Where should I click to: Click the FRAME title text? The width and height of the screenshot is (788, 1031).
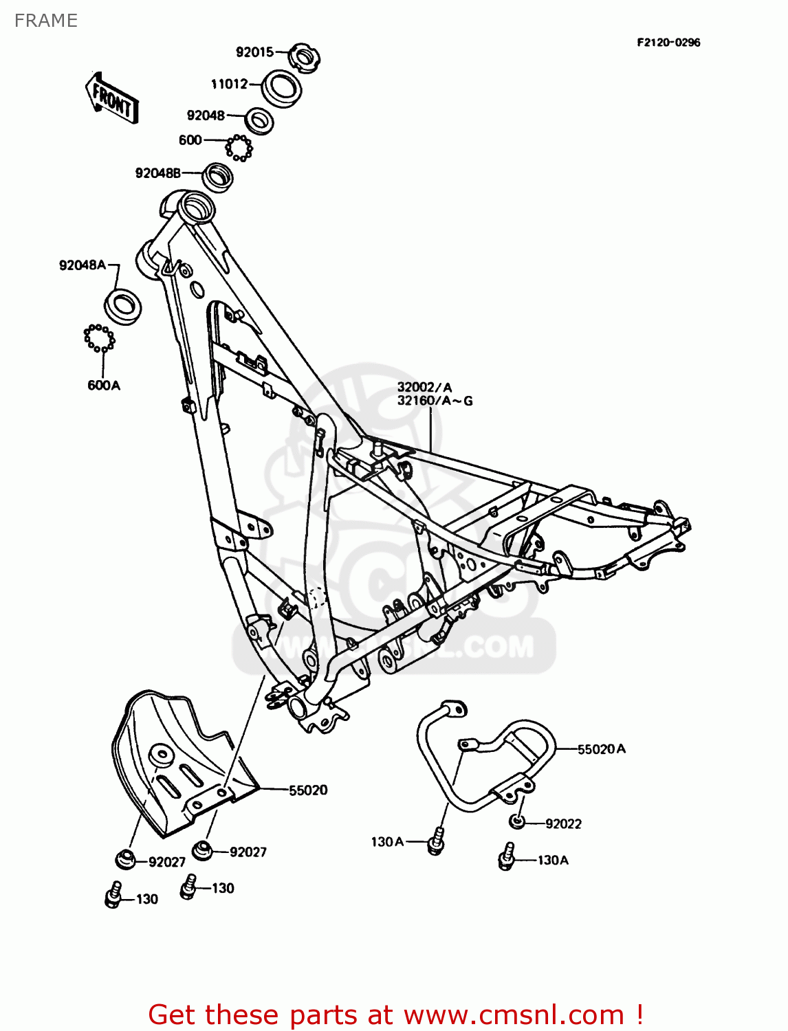[x=46, y=21]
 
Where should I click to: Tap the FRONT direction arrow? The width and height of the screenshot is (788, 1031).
[x=112, y=99]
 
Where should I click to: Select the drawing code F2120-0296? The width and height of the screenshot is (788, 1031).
[x=668, y=42]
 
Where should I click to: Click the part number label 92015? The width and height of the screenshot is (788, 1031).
[x=254, y=52]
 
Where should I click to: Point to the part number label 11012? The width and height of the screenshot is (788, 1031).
[x=230, y=84]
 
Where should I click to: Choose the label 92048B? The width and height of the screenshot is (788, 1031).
[x=158, y=173]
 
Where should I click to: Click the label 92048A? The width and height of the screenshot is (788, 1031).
[x=83, y=265]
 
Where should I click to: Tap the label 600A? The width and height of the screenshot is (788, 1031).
[x=104, y=386]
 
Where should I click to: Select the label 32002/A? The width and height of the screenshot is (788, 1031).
[x=425, y=388]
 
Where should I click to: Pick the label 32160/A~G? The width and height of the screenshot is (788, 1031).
[x=435, y=401]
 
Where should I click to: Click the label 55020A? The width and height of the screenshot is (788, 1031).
[x=602, y=749]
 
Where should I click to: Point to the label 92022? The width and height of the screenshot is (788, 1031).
[x=563, y=824]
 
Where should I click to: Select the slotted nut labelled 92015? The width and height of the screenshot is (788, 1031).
[x=303, y=56]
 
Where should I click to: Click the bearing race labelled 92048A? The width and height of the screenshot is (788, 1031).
[x=123, y=307]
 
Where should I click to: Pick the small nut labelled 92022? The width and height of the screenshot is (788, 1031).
[x=517, y=821]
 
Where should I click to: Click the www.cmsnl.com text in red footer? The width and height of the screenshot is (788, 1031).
[x=514, y=1015]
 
